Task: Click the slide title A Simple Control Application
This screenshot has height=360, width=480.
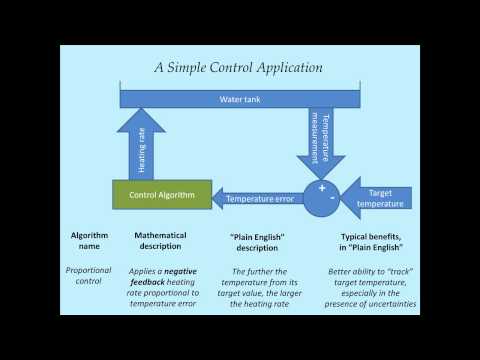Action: pyautogui.click(x=238, y=68)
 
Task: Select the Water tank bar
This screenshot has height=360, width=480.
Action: pyautogui.click(x=239, y=99)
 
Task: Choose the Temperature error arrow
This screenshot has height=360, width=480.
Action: pyautogui.click(x=261, y=198)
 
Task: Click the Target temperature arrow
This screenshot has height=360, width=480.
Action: pyautogui.click(x=376, y=198)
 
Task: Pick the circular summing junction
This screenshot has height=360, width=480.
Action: pyautogui.click(x=322, y=197)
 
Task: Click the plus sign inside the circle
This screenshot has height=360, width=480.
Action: pyautogui.click(x=322, y=188)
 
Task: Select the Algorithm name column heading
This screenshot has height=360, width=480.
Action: pyautogui.click(x=88, y=241)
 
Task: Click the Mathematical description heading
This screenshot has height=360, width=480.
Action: pyautogui.click(x=167, y=241)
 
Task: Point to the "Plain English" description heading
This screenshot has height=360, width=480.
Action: pyautogui.click(x=252, y=241)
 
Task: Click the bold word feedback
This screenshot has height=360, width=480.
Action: pyautogui.click(x=151, y=283)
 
